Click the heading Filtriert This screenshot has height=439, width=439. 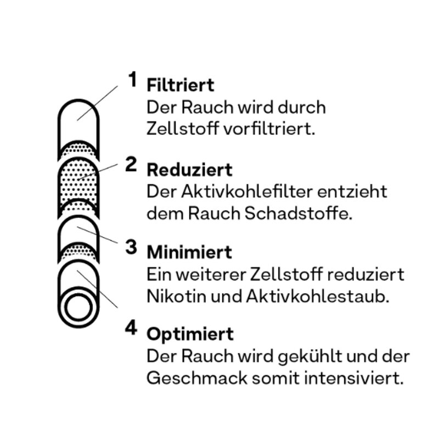181,85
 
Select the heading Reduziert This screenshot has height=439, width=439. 189,170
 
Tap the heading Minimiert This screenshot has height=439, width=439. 189,252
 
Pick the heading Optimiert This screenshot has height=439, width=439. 190,334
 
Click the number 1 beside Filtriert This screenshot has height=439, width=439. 133,79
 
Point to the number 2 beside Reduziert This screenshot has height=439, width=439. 131,164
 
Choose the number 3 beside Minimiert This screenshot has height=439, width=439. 131,247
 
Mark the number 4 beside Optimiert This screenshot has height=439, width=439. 131,328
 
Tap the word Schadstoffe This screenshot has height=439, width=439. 298,213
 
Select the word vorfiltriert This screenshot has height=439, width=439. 270,129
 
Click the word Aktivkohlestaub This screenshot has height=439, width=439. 318,296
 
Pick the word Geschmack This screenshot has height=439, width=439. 197,378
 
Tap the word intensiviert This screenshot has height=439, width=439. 354,378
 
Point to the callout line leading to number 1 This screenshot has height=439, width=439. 98,103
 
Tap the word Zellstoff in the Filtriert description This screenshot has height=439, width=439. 183,129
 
